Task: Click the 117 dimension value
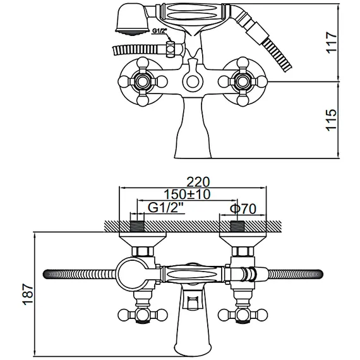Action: click(332, 42)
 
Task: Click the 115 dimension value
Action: click(332, 120)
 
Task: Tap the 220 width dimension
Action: click(198, 182)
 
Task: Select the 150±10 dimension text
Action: click(187, 195)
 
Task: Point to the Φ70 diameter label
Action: click(243, 209)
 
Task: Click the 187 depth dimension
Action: click(28, 294)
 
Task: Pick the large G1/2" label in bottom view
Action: click(167, 208)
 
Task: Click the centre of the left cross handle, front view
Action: click(142, 81)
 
